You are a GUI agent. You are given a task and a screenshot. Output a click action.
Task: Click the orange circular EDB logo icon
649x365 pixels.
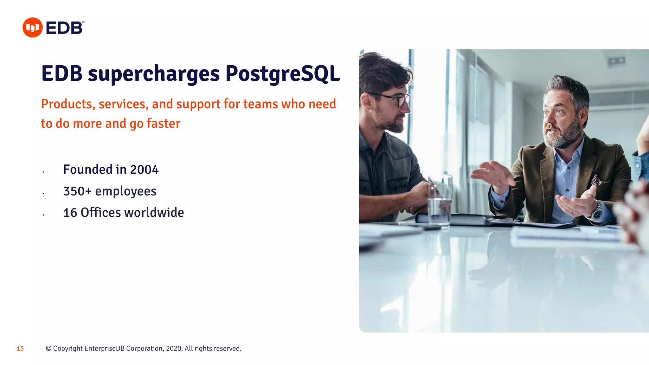(32, 28)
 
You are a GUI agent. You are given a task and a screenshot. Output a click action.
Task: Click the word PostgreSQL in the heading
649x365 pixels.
(283, 74)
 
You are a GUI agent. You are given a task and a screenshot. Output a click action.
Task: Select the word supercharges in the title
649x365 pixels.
(154, 74)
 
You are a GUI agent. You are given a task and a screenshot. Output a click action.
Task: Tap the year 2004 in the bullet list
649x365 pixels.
(144, 170)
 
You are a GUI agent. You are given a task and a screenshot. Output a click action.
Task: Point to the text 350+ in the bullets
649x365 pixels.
(77, 191)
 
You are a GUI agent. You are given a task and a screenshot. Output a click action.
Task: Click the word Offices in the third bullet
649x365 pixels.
(101, 213)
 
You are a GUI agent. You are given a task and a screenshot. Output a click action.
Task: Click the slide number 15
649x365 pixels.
(20, 349)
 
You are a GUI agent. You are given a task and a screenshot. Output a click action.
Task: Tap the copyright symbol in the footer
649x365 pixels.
(48, 349)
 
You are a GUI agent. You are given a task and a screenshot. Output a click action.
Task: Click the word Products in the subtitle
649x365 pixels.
(67, 104)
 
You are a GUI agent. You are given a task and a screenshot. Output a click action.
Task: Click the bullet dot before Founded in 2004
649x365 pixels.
(43, 172)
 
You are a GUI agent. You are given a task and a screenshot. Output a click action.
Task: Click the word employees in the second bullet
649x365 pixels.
(125, 191)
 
